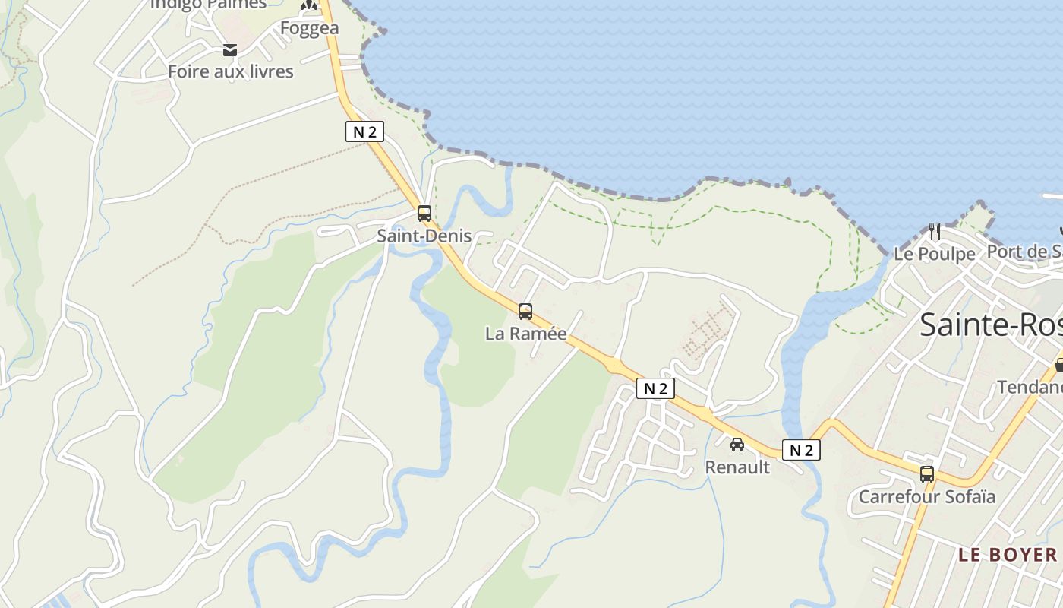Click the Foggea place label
click(309, 28)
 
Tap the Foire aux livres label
click(230, 71)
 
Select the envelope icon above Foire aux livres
click(230, 51)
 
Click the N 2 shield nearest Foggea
click(364, 131)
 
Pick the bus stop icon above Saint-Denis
click(424, 214)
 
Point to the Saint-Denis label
click(424, 236)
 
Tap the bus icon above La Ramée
click(525, 311)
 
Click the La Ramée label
click(526, 334)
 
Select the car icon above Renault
click(737, 444)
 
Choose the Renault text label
click(737, 467)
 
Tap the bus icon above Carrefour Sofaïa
click(927, 474)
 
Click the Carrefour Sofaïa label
click(926, 497)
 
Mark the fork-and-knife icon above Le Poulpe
click(935, 231)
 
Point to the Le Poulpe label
click(934, 254)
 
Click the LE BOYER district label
click(1007, 555)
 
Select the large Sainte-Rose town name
click(990, 325)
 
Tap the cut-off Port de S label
click(1024, 252)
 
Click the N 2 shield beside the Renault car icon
click(801, 450)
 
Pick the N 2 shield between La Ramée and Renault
click(655, 388)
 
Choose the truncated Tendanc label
click(1029, 387)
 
